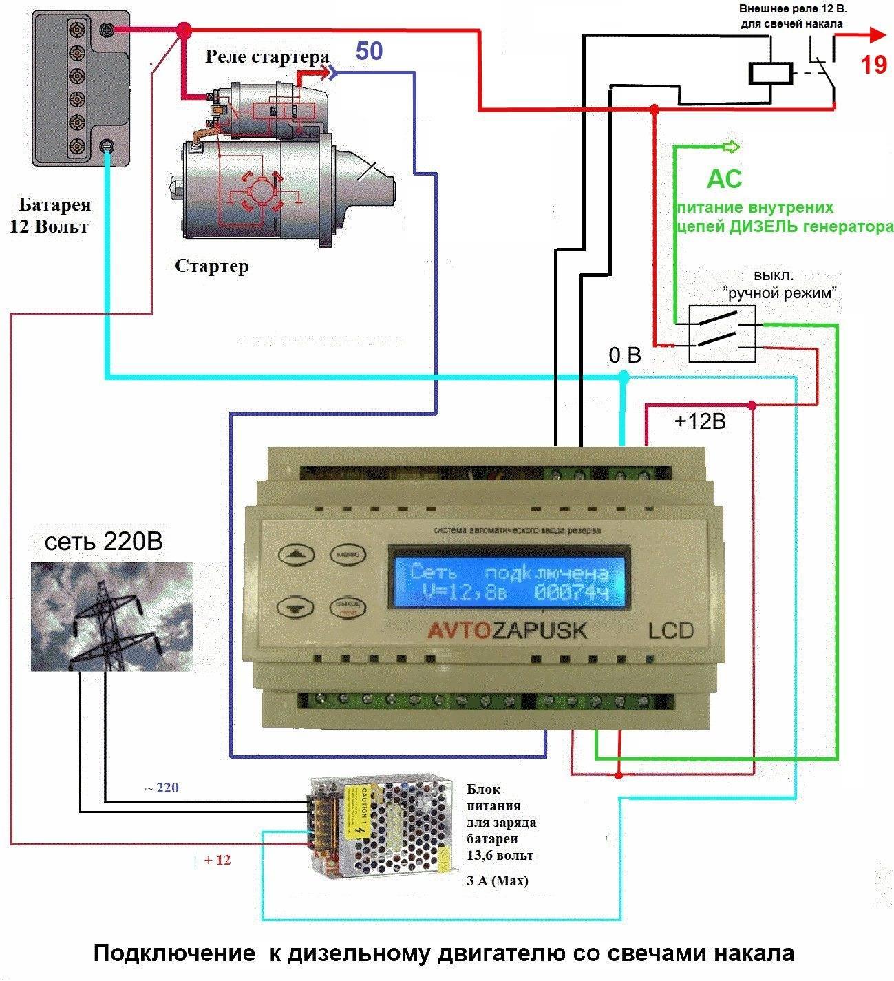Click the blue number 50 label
point(369,52)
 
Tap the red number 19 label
point(873,65)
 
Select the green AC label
point(725,179)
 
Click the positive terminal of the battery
point(107,30)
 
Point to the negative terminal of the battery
point(107,145)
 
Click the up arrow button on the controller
point(296,553)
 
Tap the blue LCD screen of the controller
point(509,578)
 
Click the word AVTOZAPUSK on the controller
point(508,629)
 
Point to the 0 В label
point(625,355)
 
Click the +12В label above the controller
point(700,421)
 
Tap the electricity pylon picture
point(111,616)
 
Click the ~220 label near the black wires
point(161,788)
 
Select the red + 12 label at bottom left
point(217,860)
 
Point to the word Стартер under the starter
point(211,266)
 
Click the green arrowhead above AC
point(732,147)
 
